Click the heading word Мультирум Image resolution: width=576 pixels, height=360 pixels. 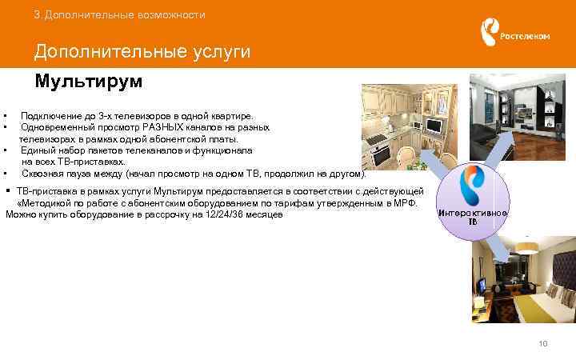(88, 82)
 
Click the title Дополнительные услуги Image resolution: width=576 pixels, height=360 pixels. (142, 52)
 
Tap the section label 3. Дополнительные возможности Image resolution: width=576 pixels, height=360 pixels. (120, 15)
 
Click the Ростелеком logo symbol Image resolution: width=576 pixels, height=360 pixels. (487, 34)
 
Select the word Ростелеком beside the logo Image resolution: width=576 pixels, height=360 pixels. (525, 36)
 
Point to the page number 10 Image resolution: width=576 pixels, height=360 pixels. (544, 344)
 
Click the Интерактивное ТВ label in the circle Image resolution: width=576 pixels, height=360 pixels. (473, 217)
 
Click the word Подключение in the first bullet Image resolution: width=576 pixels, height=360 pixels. (50, 116)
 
